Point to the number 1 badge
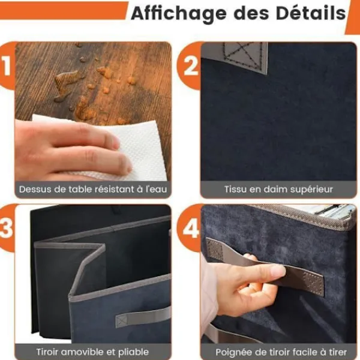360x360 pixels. (7, 66)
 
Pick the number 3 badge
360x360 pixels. (7, 229)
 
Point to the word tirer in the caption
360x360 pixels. (337, 352)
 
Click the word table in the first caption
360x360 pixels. (81, 190)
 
